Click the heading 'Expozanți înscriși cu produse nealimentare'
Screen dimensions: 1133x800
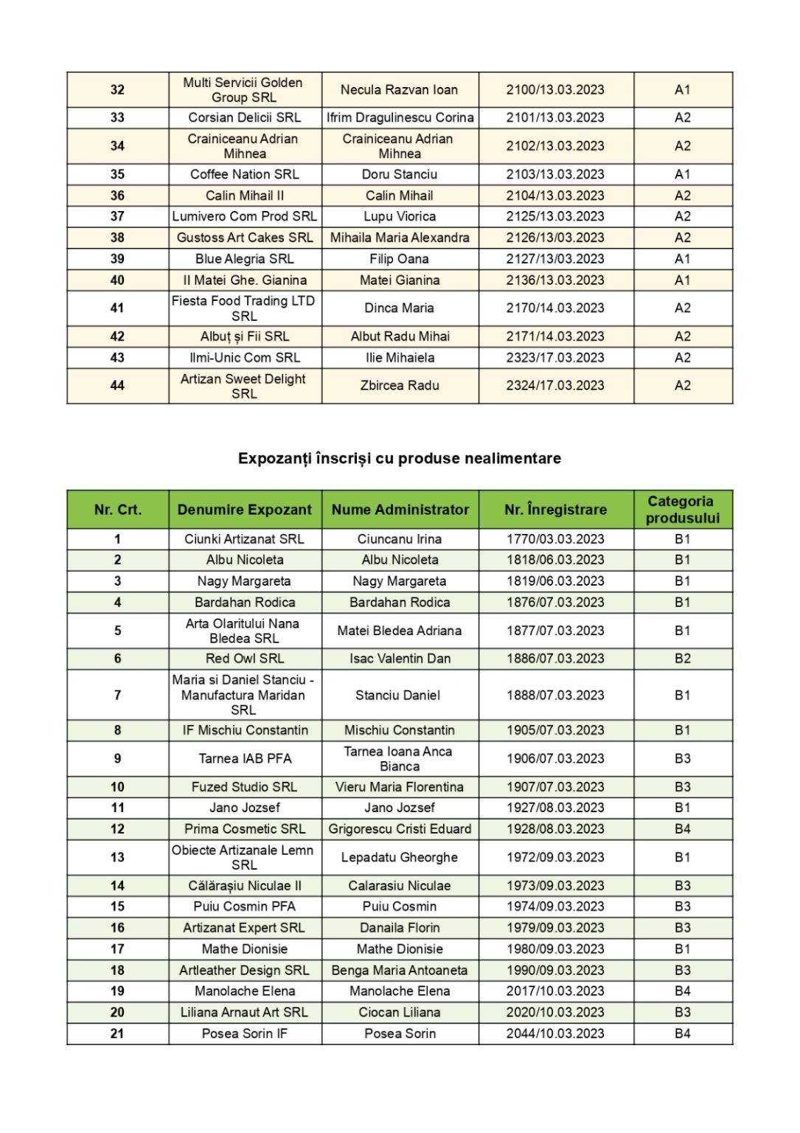point(399,458)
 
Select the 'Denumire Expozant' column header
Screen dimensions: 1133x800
point(244,510)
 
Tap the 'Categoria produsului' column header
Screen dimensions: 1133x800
point(682,510)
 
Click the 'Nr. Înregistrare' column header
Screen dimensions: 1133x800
point(555,510)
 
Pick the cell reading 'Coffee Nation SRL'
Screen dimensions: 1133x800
point(244,175)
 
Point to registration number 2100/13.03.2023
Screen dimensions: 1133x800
point(555,90)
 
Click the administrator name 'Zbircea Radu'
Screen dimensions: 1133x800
point(400,386)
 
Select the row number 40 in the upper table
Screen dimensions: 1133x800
point(117,280)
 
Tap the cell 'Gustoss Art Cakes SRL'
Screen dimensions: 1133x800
point(244,238)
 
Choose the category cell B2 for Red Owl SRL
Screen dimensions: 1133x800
point(682,659)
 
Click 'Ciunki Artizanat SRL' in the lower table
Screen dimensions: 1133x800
point(244,539)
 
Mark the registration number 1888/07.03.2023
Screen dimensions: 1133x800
point(555,695)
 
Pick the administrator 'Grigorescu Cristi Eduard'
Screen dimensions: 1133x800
point(400,829)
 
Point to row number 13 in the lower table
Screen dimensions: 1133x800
point(117,857)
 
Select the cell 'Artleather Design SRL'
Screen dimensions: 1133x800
point(244,970)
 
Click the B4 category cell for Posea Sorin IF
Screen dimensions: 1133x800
point(682,1033)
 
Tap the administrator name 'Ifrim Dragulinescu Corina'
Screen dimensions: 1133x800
point(400,118)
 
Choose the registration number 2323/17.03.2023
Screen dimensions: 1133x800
point(555,358)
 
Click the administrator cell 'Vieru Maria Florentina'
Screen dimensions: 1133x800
point(400,787)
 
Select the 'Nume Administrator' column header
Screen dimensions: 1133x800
point(400,510)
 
